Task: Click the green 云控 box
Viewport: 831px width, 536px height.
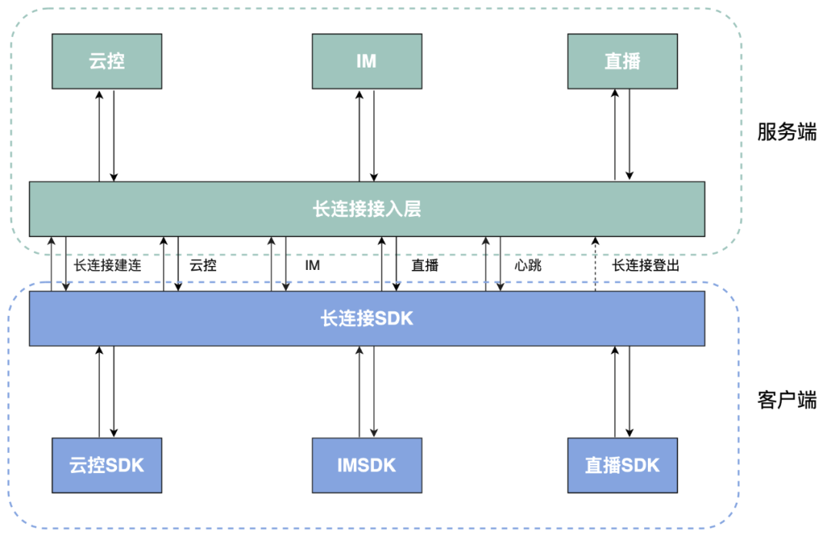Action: [x=107, y=62]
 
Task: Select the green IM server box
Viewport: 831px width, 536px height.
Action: [x=367, y=62]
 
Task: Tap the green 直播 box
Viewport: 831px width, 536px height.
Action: [x=622, y=62]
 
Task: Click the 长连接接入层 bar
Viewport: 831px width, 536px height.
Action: [x=367, y=208]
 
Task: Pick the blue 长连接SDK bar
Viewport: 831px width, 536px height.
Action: [x=367, y=318]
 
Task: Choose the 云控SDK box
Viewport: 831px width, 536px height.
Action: [x=107, y=465]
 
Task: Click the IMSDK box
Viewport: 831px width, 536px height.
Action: [x=367, y=465]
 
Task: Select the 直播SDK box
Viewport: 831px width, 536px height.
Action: [x=622, y=465]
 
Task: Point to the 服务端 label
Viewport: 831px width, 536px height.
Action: [x=786, y=132]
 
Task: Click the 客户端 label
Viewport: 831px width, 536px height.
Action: [x=786, y=400]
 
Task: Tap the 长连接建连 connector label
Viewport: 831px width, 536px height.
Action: [x=108, y=265]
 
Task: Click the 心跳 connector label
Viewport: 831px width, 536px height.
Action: [x=529, y=265]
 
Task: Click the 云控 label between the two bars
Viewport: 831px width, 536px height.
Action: [x=203, y=265]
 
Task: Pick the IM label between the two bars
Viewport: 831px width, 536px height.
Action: [x=312, y=265]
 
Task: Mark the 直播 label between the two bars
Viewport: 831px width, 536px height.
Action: [x=425, y=265]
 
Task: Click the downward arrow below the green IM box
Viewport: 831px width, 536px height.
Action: [x=375, y=135]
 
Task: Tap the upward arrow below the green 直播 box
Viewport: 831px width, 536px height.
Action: [x=615, y=135]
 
